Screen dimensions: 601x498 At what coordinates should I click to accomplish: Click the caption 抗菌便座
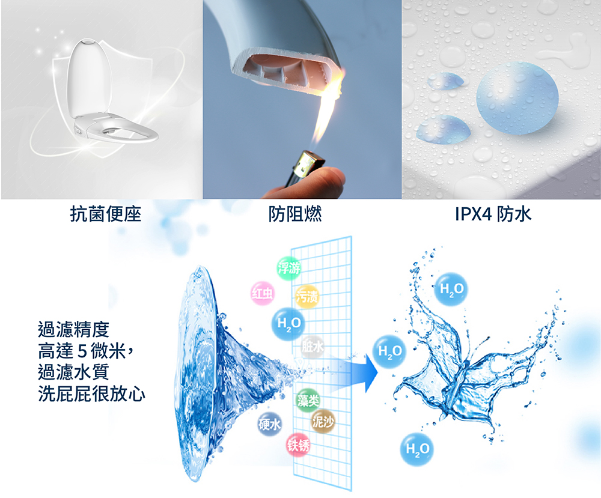pyautogui.click(x=106, y=214)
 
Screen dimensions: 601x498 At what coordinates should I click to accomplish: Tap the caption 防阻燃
pyautogui.click(x=294, y=214)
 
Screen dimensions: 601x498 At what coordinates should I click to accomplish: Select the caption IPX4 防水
pyautogui.click(x=493, y=214)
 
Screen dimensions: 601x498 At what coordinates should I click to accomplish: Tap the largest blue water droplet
pyautogui.click(x=517, y=98)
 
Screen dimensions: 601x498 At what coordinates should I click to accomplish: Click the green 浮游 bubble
pyautogui.click(x=289, y=268)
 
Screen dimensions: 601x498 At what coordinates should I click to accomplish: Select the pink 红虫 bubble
pyautogui.click(x=263, y=293)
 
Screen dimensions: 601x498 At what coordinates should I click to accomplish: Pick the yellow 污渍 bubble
pyautogui.click(x=307, y=296)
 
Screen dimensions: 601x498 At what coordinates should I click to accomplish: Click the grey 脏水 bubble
pyautogui.click(x=313, y=347)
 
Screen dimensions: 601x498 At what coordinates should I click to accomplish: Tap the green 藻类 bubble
pyautogui.click(x=308, y=400)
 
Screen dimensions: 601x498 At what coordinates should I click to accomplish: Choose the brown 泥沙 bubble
pyautogui.click(x=323, y=421)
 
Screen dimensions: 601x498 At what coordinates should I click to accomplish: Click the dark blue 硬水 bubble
pyautogui.click(x=269, y=424)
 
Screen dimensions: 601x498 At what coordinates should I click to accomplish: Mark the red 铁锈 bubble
pyautogui.click(x=298, y=445)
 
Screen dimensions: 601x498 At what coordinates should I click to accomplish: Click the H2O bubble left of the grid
pyautogui.click(x=288, y=324)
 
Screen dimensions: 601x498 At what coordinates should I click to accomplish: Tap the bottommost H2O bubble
pyautogui.click(x=418, y=449)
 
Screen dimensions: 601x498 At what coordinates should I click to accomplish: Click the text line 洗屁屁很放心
pyautogui.click(x=91, y=393)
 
